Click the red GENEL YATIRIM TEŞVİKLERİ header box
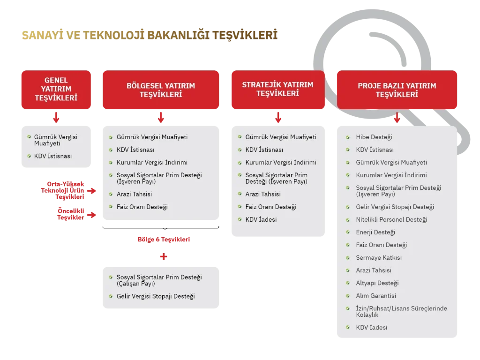56,90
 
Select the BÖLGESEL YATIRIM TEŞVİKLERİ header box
161,90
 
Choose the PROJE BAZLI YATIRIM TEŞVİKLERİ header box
397,90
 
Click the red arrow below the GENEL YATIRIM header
56,117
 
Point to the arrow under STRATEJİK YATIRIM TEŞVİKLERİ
278,117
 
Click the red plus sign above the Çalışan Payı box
163,257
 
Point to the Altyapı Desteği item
377,283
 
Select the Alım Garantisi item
376,296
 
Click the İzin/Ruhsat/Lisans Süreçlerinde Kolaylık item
401,312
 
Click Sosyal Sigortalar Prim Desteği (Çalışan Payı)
159,280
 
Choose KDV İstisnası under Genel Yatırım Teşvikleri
53,156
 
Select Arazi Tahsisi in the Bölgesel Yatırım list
134,194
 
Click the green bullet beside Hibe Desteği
347,137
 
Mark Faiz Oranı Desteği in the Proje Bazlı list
381,245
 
